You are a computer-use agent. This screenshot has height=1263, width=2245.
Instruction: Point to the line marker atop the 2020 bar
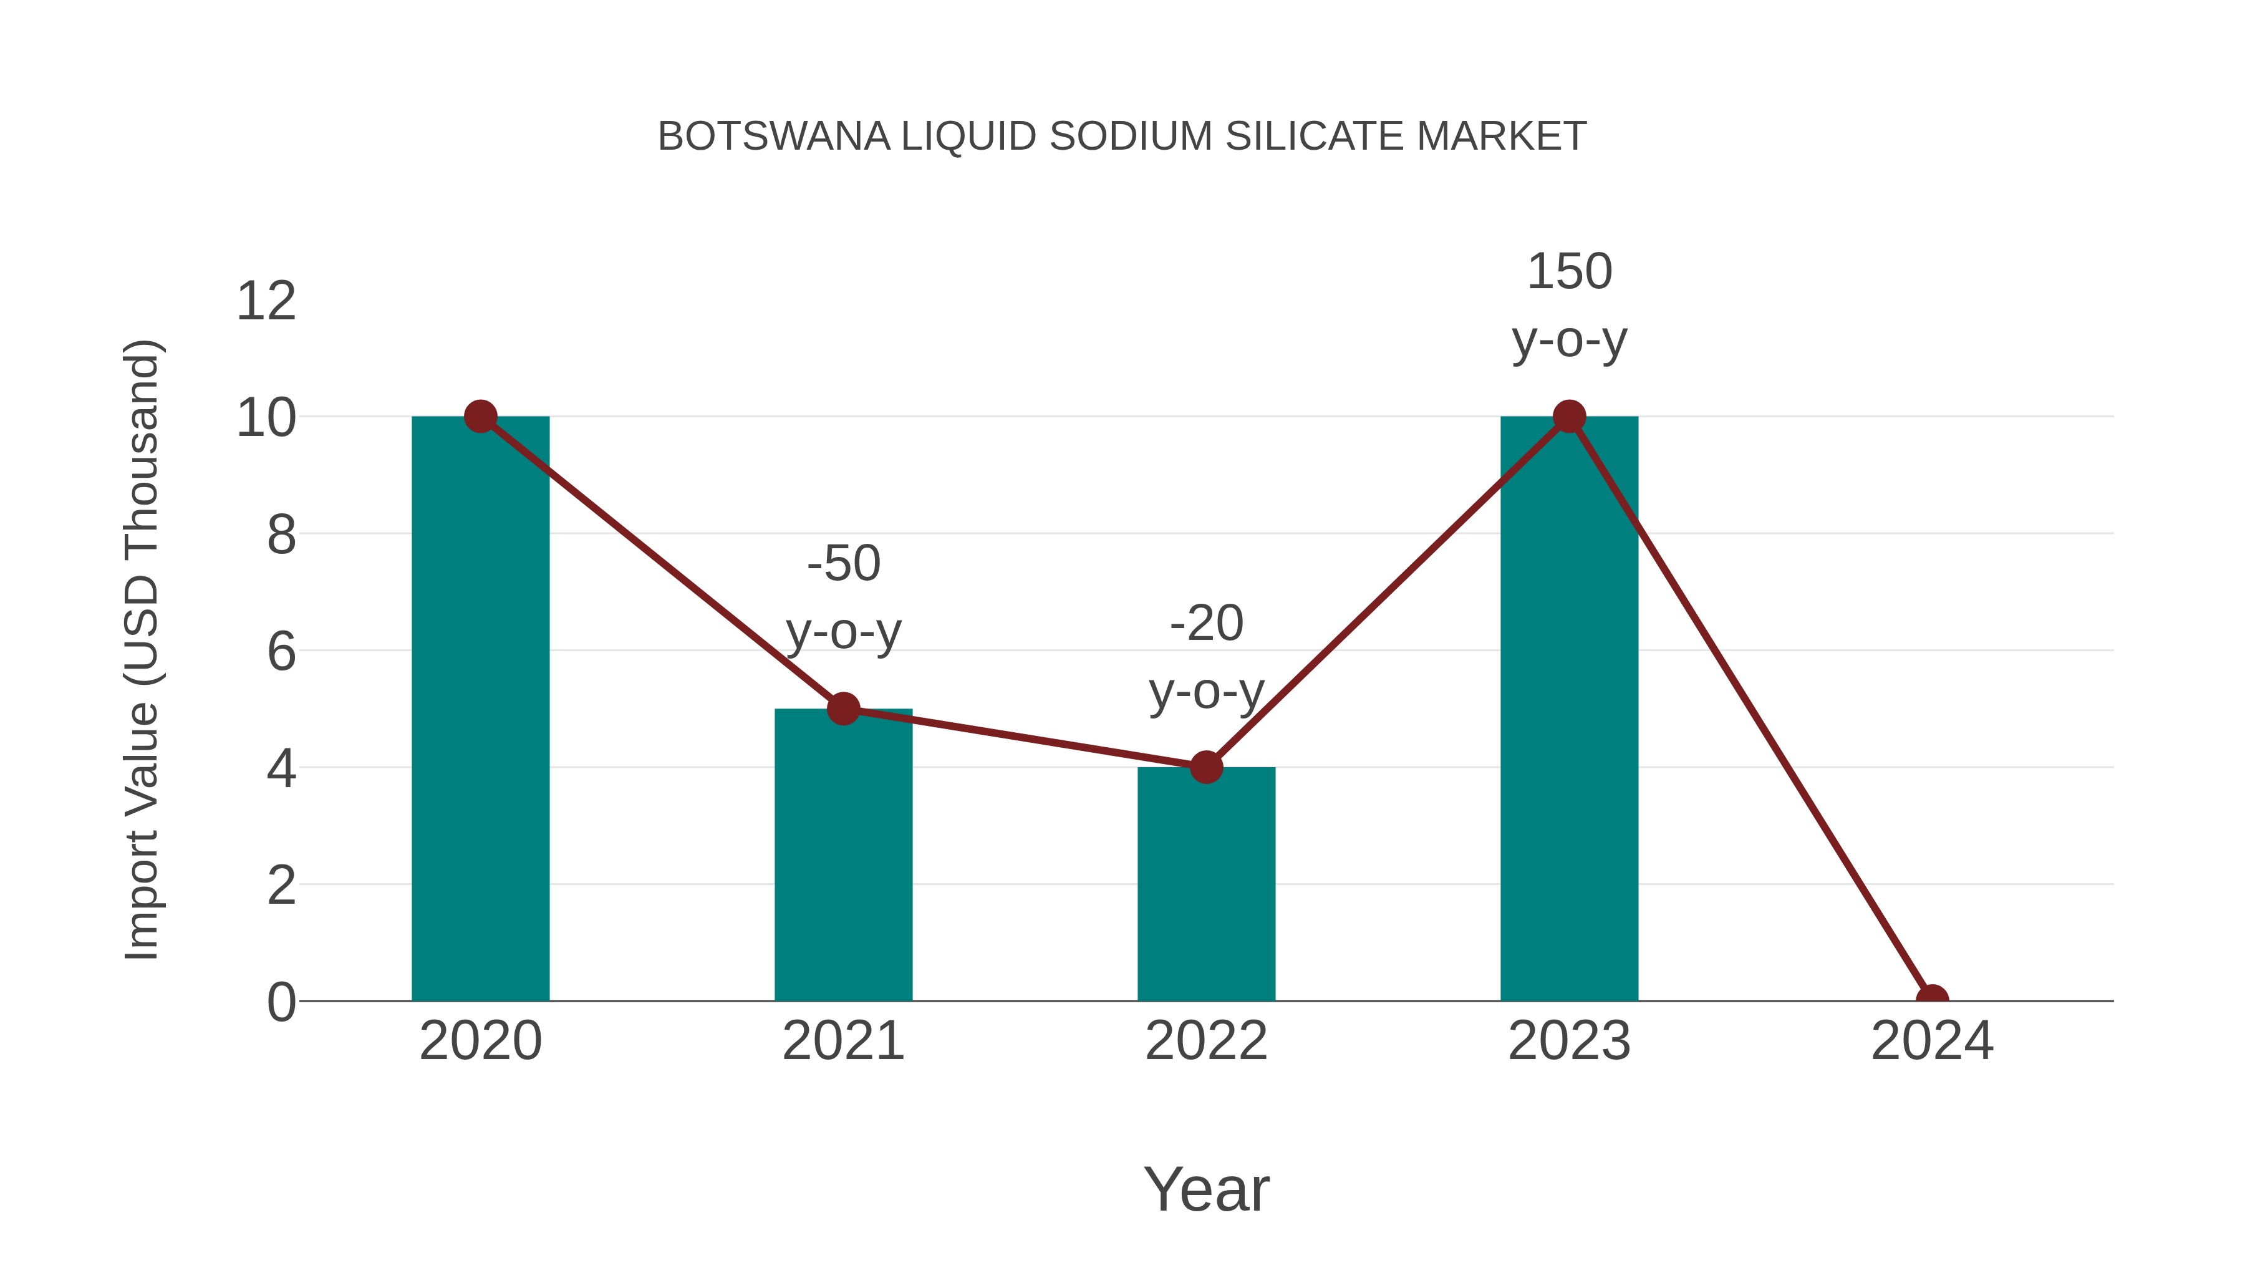click(x=480, y=417)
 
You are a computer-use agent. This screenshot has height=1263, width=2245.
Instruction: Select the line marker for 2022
click(x=1206, y=767)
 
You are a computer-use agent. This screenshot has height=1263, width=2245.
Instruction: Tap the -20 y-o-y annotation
click(x=1206, y=657)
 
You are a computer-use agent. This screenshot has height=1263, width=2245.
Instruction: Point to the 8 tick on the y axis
click(x=281, y=535)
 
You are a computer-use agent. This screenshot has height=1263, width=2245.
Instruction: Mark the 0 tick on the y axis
click(x=281, y=1002)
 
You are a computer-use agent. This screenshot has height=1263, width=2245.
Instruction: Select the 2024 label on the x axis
click(x=1932, y=1041)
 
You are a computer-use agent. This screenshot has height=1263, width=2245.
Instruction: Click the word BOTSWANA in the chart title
click(x=774, y=137)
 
